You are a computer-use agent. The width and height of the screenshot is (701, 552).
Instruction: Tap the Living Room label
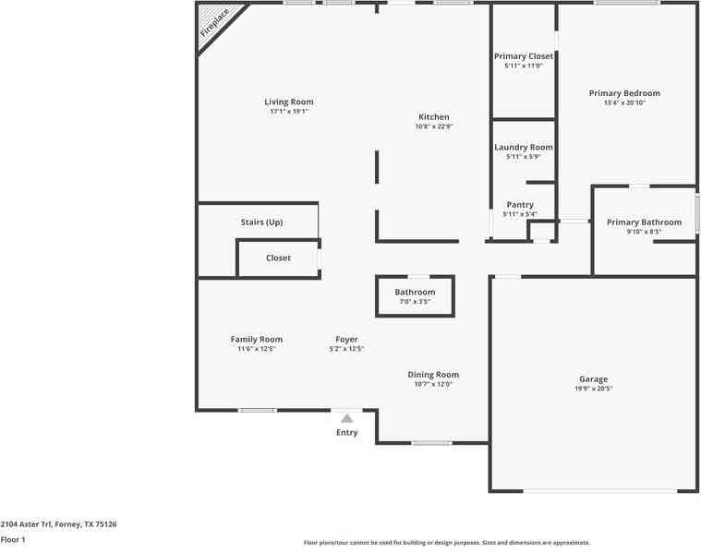tap(289, 102)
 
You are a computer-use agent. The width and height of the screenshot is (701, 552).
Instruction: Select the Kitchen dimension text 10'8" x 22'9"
tap(434, 126)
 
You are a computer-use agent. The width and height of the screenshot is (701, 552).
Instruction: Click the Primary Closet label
tap(524, 56)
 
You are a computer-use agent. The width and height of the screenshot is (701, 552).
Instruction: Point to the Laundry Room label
tap(524, 147)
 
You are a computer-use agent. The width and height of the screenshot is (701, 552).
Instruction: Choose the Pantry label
tap(520, 205)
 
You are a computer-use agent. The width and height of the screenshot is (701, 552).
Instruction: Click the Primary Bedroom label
tap(625, 93)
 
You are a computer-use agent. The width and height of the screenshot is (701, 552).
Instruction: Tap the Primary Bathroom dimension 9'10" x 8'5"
tap(644, 232)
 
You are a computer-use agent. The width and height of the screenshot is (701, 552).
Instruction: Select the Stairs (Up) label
tap(261, 222)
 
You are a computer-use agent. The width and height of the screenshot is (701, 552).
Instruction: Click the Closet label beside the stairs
tap(278, 258)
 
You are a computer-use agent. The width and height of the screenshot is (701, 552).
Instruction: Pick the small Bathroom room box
tap(415, 295)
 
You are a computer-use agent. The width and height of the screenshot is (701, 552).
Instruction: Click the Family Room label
tap(257, 339)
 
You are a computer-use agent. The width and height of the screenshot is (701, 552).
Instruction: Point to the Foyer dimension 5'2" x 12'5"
tap(346, 349)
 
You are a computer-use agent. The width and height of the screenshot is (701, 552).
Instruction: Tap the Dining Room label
tap(433, 375)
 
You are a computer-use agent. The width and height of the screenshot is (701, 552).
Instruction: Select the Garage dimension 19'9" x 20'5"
tap(593, 389)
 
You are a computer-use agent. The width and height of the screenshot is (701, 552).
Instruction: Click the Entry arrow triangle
tap(347, 418)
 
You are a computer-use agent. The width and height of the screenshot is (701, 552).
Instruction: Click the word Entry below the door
tap(347, 432)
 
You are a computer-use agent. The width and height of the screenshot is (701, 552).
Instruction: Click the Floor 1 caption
tap(13, 539)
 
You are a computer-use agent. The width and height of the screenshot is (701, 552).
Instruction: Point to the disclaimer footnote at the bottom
tap(447, 543)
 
